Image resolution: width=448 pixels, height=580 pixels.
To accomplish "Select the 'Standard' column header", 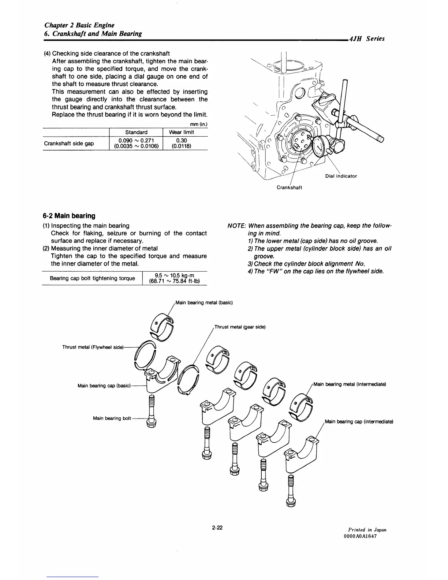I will pos(136,132).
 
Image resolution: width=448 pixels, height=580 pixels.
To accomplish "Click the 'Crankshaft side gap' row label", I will pos(69,143).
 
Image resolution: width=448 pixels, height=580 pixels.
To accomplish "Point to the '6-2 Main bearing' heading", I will pos(69,216).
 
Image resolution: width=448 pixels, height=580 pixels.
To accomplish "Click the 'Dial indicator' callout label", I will pos(341,176).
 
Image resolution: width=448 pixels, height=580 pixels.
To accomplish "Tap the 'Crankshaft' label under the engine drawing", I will pos(289,187).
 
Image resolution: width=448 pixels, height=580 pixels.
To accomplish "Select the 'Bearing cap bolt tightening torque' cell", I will pos(92,278).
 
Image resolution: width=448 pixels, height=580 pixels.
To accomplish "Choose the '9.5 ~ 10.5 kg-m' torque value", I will pos(174,275).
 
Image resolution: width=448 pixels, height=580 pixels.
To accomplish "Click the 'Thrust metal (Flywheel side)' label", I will pos(93,347).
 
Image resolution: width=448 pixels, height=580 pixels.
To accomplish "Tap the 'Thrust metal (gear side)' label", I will pos(239,327).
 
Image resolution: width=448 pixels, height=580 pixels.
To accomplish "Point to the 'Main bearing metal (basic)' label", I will pos(204,302).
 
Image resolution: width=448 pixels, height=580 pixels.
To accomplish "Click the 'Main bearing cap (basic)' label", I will pos(104,386).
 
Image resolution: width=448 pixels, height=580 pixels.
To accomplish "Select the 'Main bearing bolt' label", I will pos(112,418).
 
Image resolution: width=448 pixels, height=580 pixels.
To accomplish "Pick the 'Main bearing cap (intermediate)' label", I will pos(359,421).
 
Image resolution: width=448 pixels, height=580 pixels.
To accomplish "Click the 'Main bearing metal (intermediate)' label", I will pos(350,384).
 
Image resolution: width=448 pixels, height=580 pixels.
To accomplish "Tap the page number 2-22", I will pos(217,528).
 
